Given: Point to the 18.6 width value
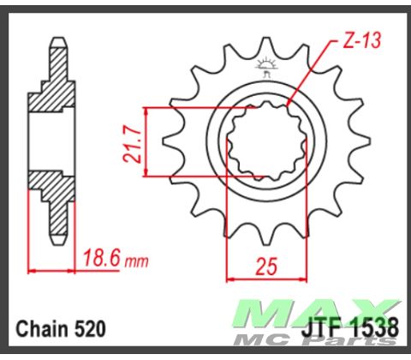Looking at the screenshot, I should tap(104, 258).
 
